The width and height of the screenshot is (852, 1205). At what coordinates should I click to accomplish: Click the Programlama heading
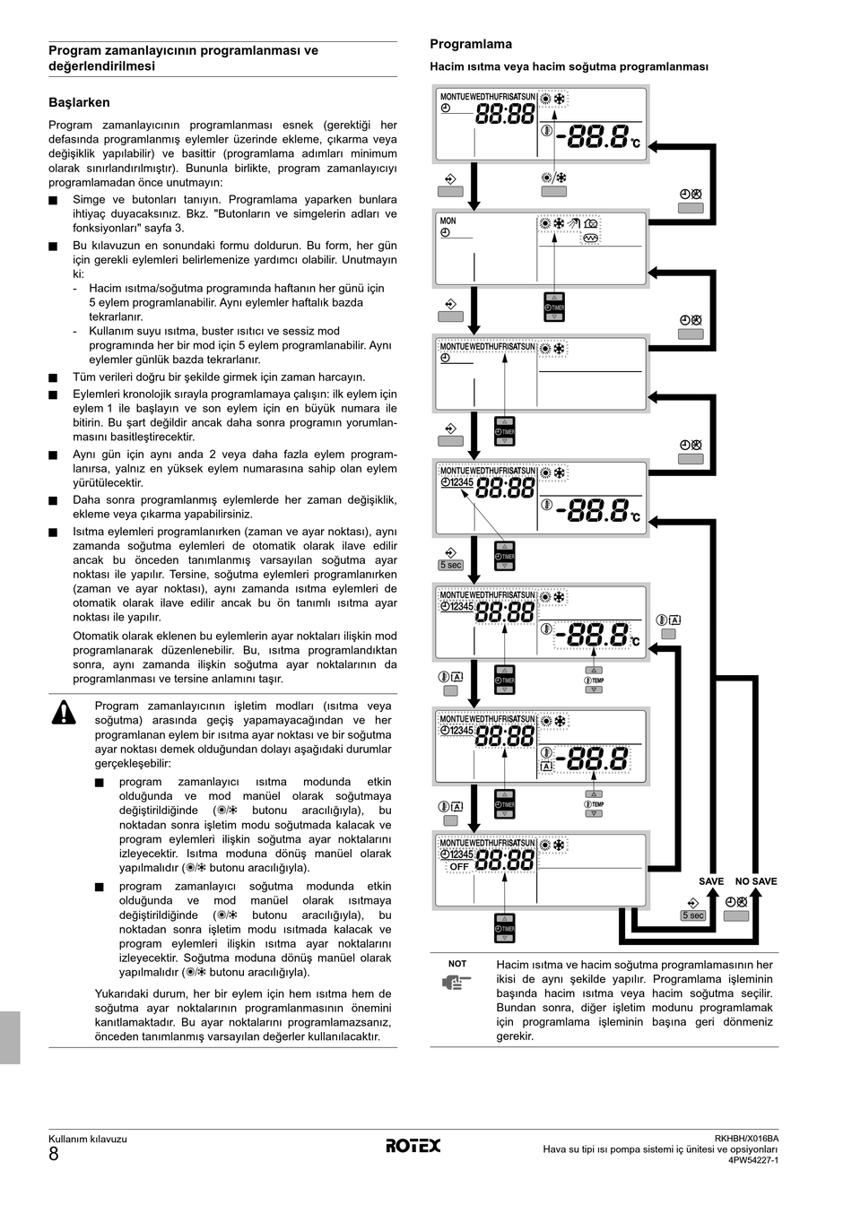point(471,44)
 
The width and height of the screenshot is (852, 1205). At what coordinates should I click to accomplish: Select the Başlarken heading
point(79,103)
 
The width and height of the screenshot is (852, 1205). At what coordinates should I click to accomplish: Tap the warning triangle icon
point(64,713)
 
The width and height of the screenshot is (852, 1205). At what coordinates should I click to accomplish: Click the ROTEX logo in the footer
point(413,1145)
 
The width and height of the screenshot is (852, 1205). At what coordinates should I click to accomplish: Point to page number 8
point(54,1154)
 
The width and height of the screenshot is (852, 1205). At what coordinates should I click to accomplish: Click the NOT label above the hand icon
point(457,964)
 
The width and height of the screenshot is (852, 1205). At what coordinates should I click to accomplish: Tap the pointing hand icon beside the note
point(456,983)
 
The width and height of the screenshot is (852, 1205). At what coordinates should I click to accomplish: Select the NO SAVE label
point(756,881)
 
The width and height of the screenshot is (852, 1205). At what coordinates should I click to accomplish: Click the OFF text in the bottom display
point(459,867)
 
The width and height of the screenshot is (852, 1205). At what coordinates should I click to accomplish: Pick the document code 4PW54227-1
point(752,1160)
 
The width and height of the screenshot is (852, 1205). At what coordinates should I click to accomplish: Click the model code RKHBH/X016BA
point(746,1139)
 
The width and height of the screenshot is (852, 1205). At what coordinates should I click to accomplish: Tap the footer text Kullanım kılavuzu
point(88,1140)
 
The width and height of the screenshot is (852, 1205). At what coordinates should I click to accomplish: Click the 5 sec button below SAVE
point(692,915)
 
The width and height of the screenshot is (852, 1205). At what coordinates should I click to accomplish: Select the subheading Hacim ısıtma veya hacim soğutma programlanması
point(569,67)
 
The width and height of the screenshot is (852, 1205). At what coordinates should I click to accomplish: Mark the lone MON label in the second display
point(448,221)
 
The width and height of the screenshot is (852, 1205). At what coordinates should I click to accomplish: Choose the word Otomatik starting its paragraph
point(100,636)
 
